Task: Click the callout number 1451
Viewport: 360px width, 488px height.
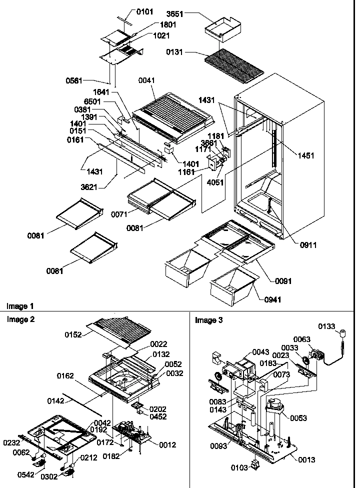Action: [306, 155]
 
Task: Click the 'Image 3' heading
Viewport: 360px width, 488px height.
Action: [205, 320]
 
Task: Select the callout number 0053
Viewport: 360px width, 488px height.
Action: [298, 418]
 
